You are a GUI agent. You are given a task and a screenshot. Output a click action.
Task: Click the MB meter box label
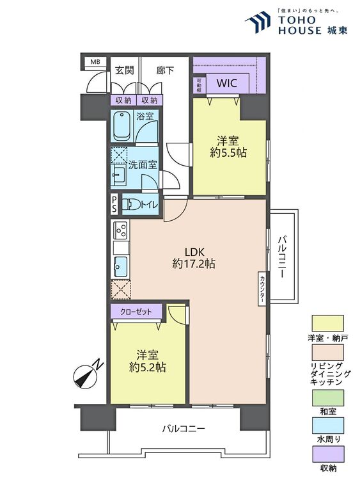pos(95,62)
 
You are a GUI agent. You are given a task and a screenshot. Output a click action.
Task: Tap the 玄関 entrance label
pos(124,70)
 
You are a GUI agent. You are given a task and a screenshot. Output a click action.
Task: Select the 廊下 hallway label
pos(165,70)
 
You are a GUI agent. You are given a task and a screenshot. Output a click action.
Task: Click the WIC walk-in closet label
pos(226,83)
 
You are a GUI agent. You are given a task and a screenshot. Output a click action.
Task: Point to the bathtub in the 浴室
pos(122,126)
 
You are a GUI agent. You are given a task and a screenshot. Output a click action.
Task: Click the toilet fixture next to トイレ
pos(131,204)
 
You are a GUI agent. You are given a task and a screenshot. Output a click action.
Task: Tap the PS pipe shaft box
pos(114,204)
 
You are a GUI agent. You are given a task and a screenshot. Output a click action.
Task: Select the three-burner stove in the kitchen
pos(120,230)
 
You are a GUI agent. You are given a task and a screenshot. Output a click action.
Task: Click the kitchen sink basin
pos(120,266)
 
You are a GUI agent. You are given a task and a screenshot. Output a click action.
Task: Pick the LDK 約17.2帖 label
pos(194,258)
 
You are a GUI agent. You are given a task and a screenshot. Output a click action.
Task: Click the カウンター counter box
pos(262,289)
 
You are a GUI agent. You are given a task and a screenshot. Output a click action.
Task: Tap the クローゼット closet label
pos(136,312)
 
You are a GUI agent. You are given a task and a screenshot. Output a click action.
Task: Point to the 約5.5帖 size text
pos(228,152)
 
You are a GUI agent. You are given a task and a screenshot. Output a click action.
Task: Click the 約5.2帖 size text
pos(148,367)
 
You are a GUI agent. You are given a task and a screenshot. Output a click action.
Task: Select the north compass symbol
pos(87,374)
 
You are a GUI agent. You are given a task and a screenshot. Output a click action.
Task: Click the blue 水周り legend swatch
pos(327,426)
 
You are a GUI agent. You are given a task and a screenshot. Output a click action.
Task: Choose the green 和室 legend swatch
pos(327,397)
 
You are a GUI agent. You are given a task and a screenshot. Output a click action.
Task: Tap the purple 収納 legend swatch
pos(327,454)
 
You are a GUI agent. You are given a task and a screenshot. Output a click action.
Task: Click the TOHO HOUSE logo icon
pos(258,22)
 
